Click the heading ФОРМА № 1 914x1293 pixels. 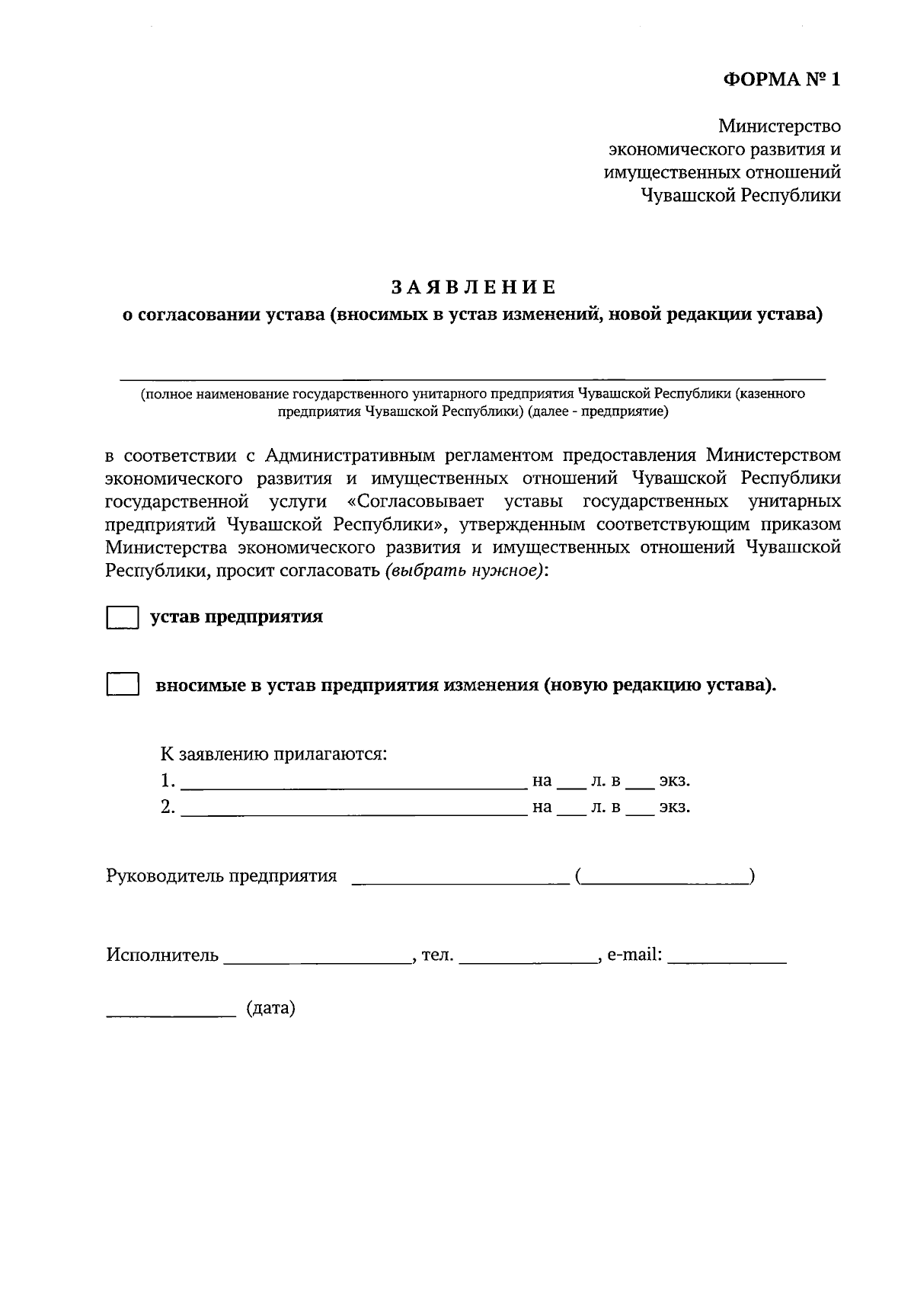click(781, 80)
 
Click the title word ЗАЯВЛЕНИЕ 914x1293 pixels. click(474, 287)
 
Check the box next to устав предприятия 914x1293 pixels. click(122, 617)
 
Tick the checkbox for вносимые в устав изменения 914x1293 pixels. click(122, 685)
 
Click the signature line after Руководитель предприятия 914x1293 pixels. click(460, 882)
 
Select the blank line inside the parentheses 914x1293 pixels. click(666, 882)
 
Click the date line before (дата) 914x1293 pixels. click(171, 1014)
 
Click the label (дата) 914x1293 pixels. click(270, 1009)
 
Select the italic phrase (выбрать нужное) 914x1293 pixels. click(465, 571)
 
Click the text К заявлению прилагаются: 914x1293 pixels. click(273, 754)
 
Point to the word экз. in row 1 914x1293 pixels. click(675, 781)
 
